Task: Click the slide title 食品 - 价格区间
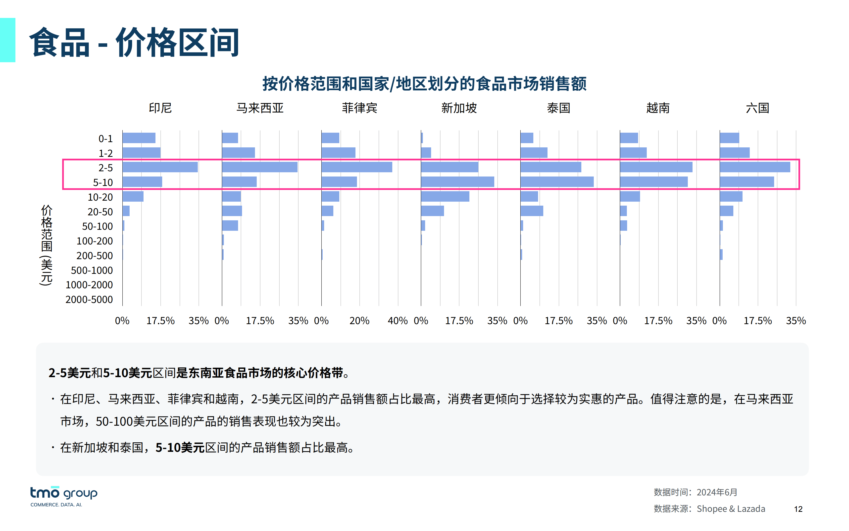(x=134, y=43)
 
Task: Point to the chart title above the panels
(x=424, y=84)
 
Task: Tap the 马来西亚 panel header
(x=260, y=108)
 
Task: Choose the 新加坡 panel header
(x=459, y=108)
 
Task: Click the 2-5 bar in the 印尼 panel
(x=160, y=167)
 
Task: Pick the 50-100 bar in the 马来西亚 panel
(x=230, y=226)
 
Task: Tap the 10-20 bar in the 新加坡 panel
(x=445, y=197)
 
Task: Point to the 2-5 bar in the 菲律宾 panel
(x=356, y=167)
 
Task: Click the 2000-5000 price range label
(x=89, y=299)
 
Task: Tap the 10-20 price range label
(x=100, y=197)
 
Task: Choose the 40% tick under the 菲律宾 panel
(x=398, y=321)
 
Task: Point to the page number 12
(x=798, y=509)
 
